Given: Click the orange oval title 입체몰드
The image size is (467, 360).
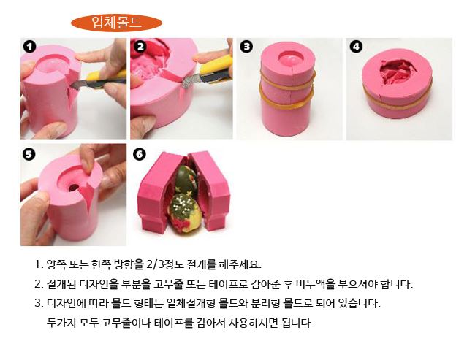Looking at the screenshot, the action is [x=116, y=23].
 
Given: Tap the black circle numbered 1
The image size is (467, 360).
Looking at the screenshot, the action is [x=29, y=47].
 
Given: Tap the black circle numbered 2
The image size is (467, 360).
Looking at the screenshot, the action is [x=140, y=47].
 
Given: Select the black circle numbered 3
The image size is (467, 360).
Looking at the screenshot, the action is [x=246, y=47].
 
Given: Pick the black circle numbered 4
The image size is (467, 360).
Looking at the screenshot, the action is [x=356, y=47].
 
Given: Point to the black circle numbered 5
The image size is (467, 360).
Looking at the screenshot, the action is [x=29, y=154].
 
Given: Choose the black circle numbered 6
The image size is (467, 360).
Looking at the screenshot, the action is [x=140, y=154].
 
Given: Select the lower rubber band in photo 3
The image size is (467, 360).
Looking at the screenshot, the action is [x=286, y=100].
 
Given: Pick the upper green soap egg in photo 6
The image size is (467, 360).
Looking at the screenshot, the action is [x=186, y=180].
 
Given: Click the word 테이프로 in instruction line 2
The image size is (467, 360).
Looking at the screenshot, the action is [x=229, y=284].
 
